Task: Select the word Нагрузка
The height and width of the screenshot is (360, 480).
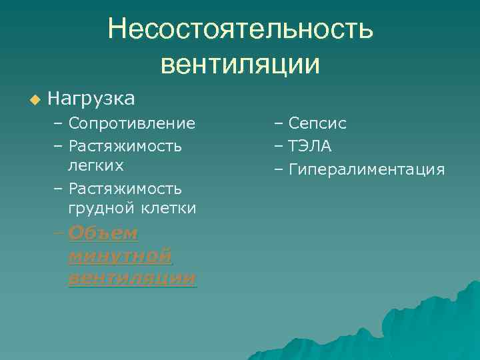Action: click(91, 99)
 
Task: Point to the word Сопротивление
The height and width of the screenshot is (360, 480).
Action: click(131, 123)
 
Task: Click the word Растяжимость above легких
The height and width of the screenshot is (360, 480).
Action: click(125, 145)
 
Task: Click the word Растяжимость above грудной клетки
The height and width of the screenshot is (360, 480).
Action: click(125, 188)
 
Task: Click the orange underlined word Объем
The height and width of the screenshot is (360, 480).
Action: click(103, 233)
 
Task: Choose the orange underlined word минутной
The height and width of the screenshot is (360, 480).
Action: click(120, 255)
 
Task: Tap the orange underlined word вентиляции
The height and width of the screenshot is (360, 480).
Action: click(132, 277)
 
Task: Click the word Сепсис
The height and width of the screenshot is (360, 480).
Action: click(317, 124)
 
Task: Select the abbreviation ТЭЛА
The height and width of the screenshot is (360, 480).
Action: click(310, 146)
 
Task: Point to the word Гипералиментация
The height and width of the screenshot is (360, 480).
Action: click(366, 169)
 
